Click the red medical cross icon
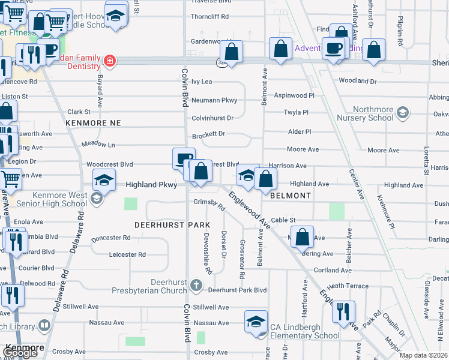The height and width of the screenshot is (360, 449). coord(109,61)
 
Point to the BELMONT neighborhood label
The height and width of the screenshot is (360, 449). coord(291,196)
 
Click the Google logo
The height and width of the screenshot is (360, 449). coord(20,353)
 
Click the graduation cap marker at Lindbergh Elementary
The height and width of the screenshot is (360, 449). coord(256,321)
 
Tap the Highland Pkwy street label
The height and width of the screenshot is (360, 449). coord(151,185)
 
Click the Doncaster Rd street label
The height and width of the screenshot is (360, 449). coord(111,238)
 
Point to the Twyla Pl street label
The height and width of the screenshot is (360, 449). coord(295,112)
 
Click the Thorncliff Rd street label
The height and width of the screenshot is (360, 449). coord(209,17)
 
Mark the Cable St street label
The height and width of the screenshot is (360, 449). coord(283,220)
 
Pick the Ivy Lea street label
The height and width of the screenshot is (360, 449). coord(202,81)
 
